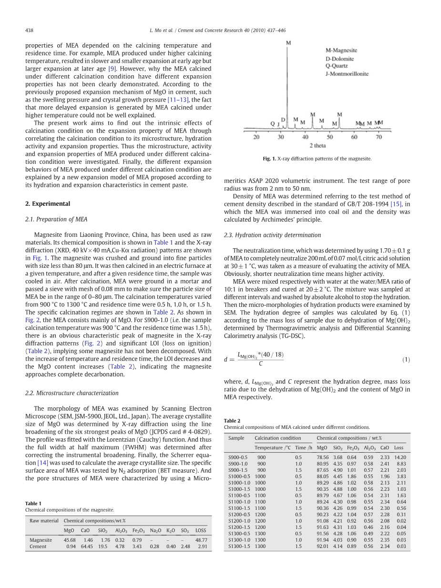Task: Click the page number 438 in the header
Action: coord(29,30)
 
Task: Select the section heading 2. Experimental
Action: coord(47,203)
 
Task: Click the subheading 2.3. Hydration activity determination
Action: coord(272,235)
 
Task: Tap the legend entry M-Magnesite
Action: coord(341,51)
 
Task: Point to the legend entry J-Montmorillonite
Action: coord(347,74)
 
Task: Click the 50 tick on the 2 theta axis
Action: coord(330,137)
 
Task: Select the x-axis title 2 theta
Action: coord(318,145)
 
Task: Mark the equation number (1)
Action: coord(406,360)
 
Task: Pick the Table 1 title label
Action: coord(33,503)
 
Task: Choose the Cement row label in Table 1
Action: coord(38,547)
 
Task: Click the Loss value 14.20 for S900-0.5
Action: coord(400,457)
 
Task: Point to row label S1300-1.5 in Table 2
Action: coord(239,546)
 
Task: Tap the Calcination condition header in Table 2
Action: coord(277,438)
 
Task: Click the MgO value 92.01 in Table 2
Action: coord(322,546)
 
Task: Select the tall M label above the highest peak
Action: coord(288,43)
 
